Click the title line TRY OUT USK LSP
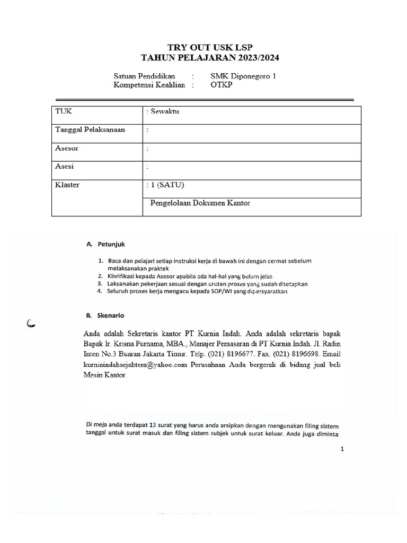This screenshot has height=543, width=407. pos(203,47)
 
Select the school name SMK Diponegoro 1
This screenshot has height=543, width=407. pos(243,76)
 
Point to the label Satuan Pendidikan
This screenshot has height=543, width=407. pos(144,76)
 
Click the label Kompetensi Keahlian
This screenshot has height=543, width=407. pos(148,85)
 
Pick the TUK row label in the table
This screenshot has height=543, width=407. pos(63,111)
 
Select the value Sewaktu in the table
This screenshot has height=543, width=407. pos(165,111)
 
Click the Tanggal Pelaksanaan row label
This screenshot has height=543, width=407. pos(90,130)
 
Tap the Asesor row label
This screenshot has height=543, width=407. pos(67,149)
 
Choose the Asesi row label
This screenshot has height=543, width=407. pos(65,167)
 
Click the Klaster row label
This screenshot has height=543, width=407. pos(67,185)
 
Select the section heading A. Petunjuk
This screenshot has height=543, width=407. pos(105,244)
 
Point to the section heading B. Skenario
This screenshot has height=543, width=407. pos(105,316)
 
